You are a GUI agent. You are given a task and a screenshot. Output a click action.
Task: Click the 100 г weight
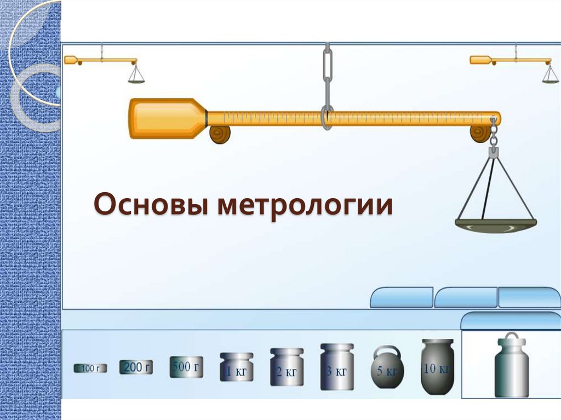tap(90, 369)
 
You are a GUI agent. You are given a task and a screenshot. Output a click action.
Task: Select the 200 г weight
tap(136, 367)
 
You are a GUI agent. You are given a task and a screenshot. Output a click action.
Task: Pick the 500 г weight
tap(186, 367)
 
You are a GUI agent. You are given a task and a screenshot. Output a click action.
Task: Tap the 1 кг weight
tap(237, 371)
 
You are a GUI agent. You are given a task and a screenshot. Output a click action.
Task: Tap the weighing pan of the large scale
tap(495, 225)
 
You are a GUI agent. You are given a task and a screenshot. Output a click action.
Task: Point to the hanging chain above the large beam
tap(327, 71)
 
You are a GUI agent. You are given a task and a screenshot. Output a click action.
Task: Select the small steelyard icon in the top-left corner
tap(104, 63)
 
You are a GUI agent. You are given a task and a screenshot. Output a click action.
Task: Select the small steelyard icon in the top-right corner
tap(513, 63)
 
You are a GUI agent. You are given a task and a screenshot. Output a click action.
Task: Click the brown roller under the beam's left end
tap(220, 134)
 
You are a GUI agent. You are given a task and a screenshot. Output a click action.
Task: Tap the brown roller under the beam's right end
tap(480, 133)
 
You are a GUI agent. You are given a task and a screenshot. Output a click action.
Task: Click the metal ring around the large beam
tap(327, 117)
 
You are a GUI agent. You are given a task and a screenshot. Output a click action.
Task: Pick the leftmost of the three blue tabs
tap(402, 298)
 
